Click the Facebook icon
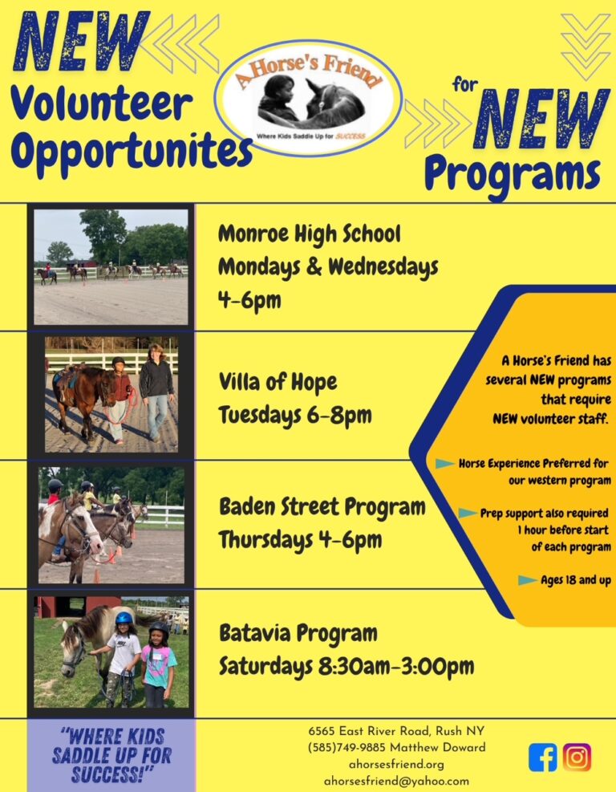(x=543, y=757)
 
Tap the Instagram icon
(x=577, y=757)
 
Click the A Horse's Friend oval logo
(x=308, y=98)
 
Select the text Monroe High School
(x=309, y=234)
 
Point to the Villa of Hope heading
(x=278, y=382)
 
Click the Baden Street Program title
(x=322, y=507)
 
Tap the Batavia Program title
(x=298, y=633)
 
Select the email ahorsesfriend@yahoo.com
(x=396, y=781)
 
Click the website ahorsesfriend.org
(x=396, y=764)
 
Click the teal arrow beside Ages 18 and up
(x=528, y=580)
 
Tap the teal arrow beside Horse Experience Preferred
(x=445, y=463)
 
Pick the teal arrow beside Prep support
(x=468, y=514)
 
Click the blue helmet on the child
(x=124, y=618)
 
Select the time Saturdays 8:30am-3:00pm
(x=346, y=667)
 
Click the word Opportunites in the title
(x=132, y=150)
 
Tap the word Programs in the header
(x=513, y=173)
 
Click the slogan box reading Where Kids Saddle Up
(x=111, y=755)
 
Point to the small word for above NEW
(x=465, y=84)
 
